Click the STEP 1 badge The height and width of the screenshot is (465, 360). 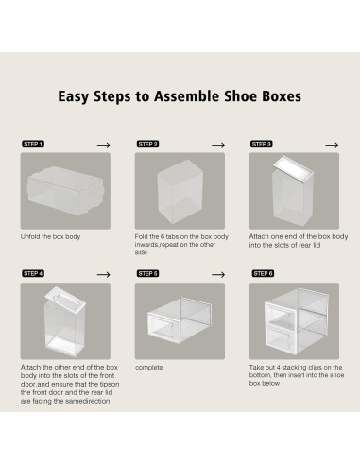click(33, 144)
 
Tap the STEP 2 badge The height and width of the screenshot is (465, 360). click(148, 144)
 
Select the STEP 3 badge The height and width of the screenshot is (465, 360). click(262, 144)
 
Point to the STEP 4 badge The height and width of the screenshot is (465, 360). click(33, 273)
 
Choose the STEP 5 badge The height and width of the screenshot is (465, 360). click(148, 273)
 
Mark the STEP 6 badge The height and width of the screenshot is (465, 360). click(262, 273)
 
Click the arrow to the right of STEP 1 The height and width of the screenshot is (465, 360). click(104, 144)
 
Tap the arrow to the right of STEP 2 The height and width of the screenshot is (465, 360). click(217, 144)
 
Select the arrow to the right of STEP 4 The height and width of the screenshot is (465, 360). click(104, 273)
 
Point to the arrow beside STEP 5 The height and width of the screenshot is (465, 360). click(217, 273)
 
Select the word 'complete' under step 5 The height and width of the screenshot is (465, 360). click(150, 365)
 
